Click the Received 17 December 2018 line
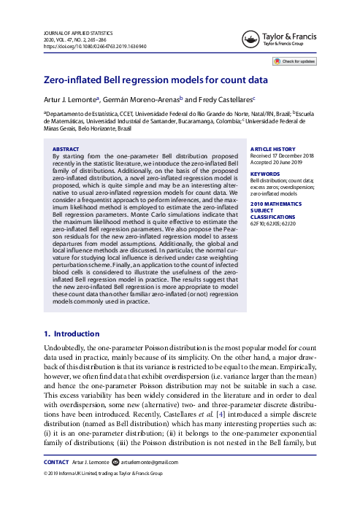pos(280,155)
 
